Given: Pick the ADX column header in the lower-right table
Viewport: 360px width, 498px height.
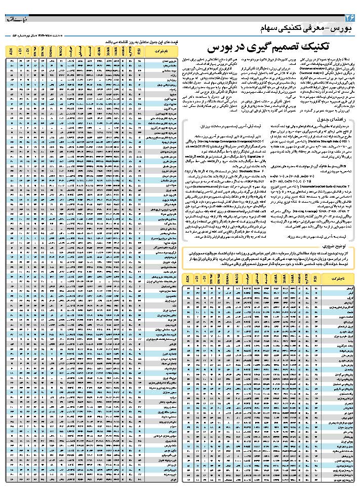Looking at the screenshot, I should coord(187,279).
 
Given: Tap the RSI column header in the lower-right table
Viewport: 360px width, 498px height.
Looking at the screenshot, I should coord(315,279).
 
